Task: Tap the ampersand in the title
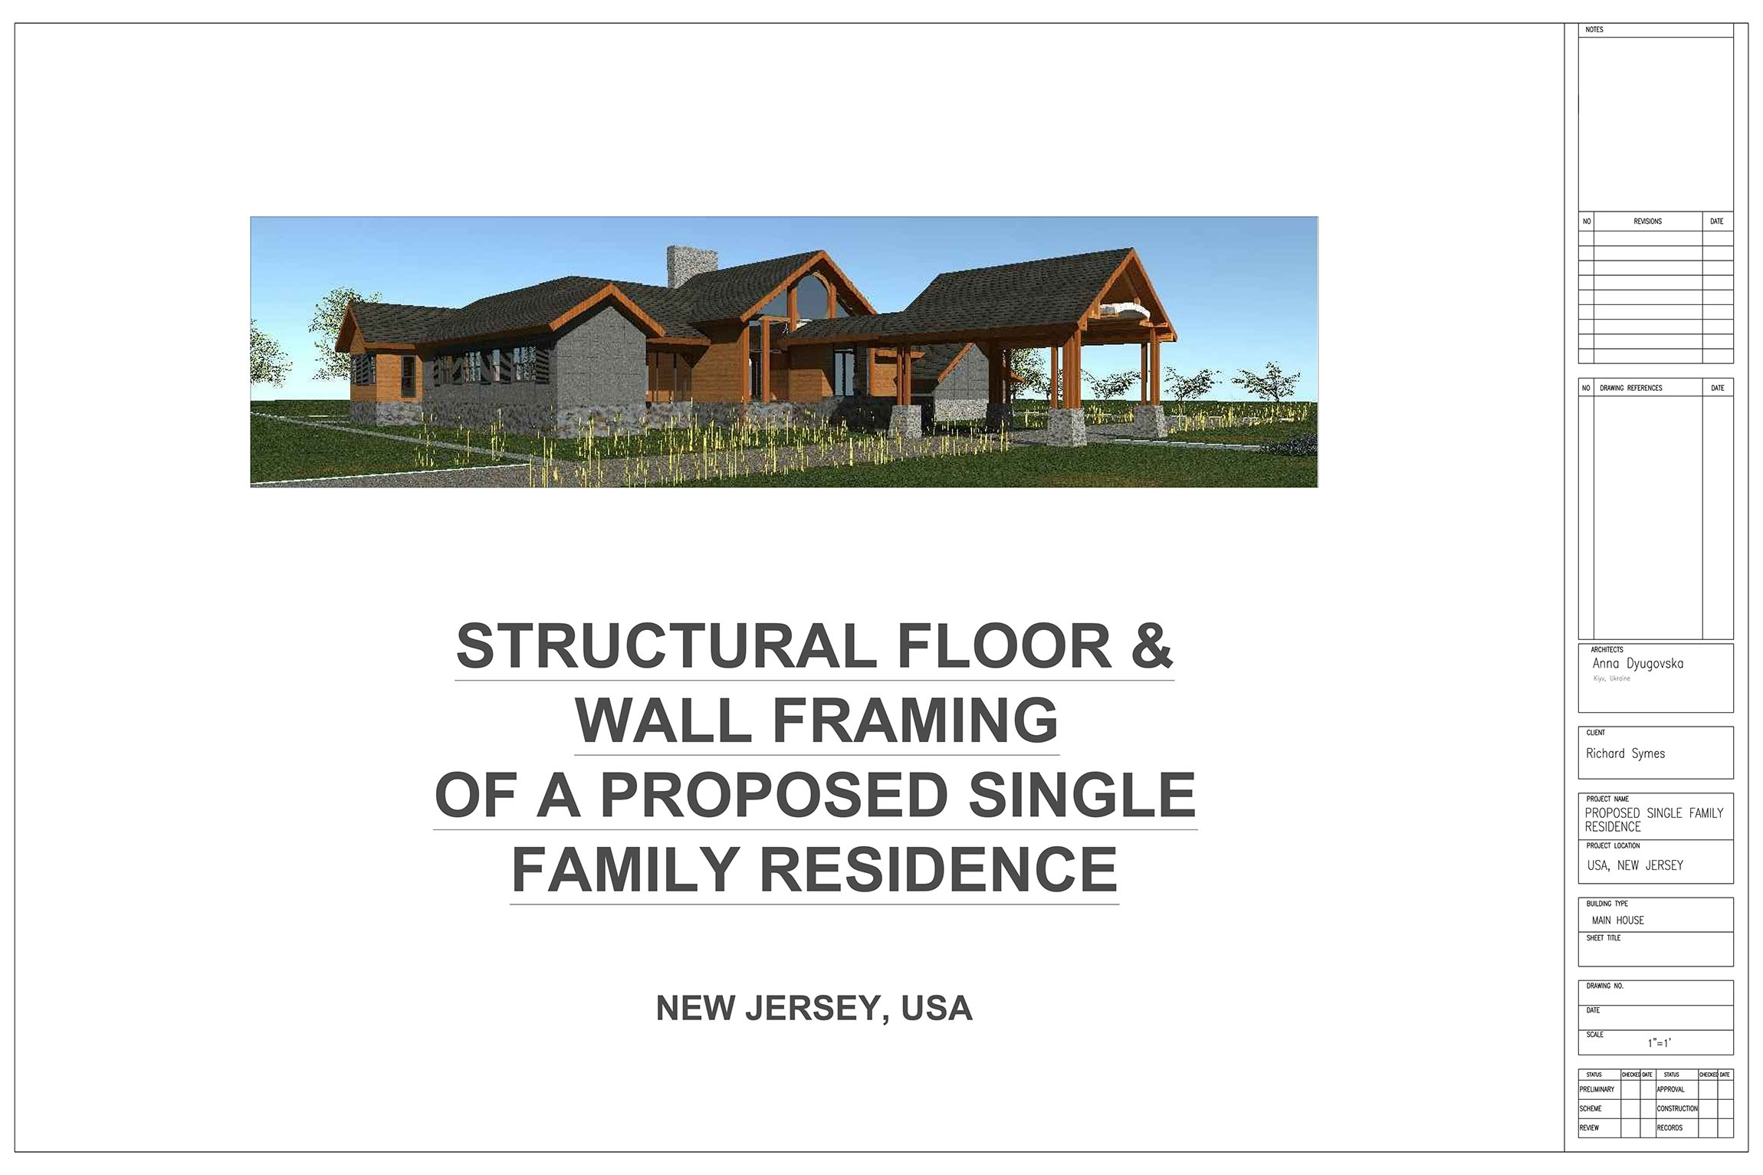click(1151, 645)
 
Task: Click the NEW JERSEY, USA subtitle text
click(814, 1009)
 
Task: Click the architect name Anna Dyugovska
click(1638, 664)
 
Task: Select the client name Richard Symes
click(1626, 753)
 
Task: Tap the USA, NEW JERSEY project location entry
click(1636, 865)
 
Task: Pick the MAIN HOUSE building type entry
click(1618, 921)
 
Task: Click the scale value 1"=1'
click(1660, 1043)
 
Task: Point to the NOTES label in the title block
click(1595, 30)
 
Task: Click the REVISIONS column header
click(1648, 222)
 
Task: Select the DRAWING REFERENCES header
click(1631, 388)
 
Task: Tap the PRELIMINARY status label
click(1597, 1090)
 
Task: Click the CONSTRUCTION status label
click(1677, 1109)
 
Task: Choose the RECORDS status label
click(1669, 1128)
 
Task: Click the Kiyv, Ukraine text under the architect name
click(1611, 679)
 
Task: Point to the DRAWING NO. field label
click(1605, 986)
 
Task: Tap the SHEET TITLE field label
click(1604, 938)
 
